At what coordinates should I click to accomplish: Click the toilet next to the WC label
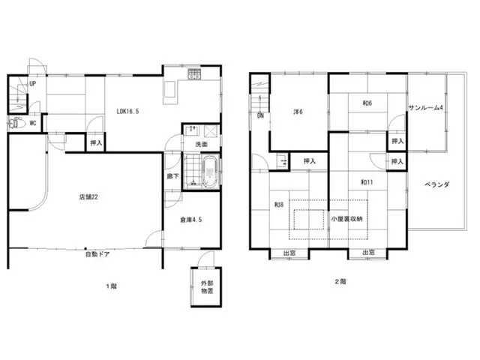[16, 123]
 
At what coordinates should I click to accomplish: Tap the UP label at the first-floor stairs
[33, 83]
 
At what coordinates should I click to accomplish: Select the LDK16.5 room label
[127, 112]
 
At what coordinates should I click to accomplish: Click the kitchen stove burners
[194, 74]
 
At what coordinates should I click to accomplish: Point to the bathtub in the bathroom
[210, 172]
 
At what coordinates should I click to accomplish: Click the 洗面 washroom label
[202, 144]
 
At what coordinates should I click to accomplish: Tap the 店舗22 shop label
[88, 196]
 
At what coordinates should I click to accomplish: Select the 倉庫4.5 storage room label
[190, 220]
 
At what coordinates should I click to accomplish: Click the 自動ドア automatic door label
[97, 254]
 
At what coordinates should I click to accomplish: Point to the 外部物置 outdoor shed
[206, 287]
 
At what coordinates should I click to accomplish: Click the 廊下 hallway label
[173, 176]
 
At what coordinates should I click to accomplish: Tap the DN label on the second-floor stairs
[260, 116]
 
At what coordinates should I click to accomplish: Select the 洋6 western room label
[298, 112]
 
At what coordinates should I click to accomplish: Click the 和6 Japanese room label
[367, 103]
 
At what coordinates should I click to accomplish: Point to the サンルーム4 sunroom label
[426, 107]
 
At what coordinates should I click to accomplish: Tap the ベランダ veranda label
[436, 184]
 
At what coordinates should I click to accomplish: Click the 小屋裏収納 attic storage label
[346, 219]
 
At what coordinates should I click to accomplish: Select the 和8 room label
[278, 205]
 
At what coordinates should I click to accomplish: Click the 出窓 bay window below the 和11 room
[368, 253]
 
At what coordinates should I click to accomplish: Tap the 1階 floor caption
[112, 286]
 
